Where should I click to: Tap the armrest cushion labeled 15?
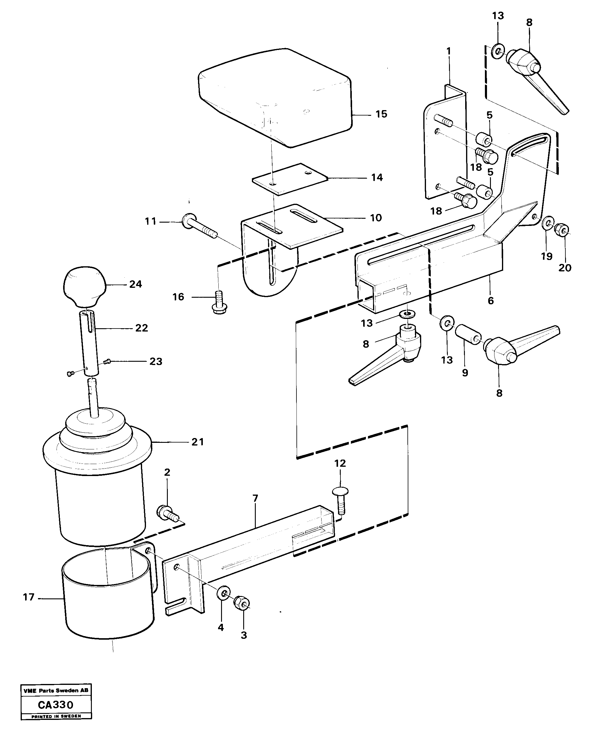pos(274,97)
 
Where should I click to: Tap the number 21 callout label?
pos(197,442)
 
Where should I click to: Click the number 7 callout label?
pos(255,498)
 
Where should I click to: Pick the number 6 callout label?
pos(491,300)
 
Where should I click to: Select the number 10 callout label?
pos(376,218)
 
